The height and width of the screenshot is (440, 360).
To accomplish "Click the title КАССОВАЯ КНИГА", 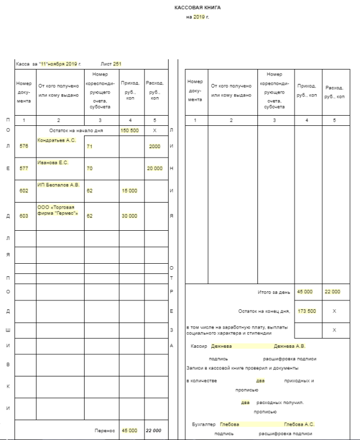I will tap(197, 8).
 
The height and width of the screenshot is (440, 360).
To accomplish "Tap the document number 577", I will tap(24, 168).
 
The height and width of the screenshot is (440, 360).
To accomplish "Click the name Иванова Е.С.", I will tap(53, 162).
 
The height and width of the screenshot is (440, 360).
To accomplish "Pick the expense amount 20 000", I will tap(154, 168).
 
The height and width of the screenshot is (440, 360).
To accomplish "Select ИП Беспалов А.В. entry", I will tap(58, 185).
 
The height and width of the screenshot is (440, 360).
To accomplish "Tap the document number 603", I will tap(24, 215).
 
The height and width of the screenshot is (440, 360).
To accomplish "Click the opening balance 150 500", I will tap(130, 130).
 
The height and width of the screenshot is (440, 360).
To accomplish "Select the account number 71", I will tap(89, 146).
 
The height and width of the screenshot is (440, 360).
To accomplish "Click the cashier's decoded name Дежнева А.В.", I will tap(290, 346).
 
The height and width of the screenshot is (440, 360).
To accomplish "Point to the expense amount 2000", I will tap(154, 146).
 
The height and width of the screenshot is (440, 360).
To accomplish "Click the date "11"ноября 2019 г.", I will tap(59, 63).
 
